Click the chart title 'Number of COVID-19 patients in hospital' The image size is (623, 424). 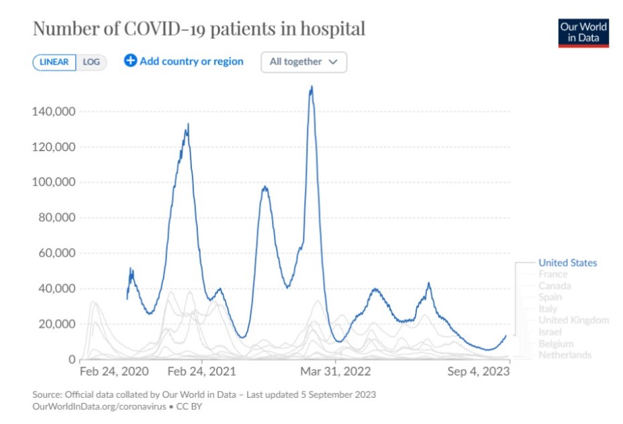click(199, 29)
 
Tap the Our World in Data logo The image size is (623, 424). click(583, 33)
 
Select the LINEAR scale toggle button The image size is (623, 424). click(54, 62)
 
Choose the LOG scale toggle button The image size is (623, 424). click(91, 62)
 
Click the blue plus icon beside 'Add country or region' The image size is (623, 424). click(130, 61)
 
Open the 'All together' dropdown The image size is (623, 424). click(303, 62)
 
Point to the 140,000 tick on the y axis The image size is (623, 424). click(53, 112)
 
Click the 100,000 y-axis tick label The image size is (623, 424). click(53, 182)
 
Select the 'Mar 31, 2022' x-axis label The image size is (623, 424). click(336, 372)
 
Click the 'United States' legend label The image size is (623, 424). click(567, 263)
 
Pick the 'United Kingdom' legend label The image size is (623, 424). click(573, 320)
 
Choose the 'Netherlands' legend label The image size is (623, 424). click(565, 355)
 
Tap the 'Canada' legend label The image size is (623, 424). click(555, 286)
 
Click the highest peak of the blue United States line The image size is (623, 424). click(311, 87)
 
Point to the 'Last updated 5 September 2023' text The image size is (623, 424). click(311, 394)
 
